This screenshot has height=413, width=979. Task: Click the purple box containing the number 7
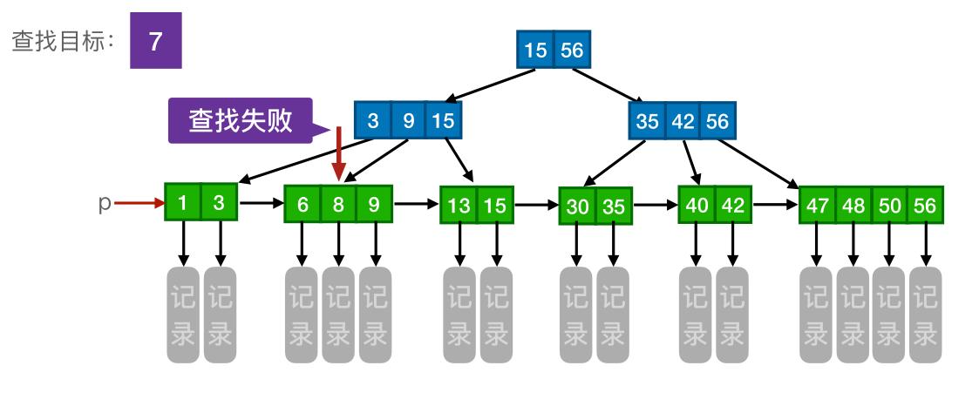[x=156, y=41]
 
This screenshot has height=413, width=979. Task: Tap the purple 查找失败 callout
[x=241, y=120]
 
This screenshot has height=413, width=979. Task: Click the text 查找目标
[x=62, y=42]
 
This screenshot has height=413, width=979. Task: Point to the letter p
[x=105, y=204]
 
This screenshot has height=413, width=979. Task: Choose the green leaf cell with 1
[x=183, y=203]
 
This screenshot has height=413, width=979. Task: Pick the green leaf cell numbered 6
[x=303, y=205]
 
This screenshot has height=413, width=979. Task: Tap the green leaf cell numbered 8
[x=338, y=205]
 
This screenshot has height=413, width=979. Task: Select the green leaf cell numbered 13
[x=459, y=206]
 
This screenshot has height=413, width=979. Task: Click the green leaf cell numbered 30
[x=577, y=207]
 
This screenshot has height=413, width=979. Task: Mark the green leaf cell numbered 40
[x=697, y=206]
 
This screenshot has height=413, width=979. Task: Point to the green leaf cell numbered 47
[x=817, y=206]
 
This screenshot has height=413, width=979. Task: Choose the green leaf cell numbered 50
[x=888, y=206]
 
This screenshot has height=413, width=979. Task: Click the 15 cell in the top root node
[x=535, y=51]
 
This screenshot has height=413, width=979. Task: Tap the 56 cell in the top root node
[x=572, y=51]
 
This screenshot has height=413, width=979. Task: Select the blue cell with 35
[x=647, y=121]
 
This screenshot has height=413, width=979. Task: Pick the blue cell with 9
[x=408, y=120]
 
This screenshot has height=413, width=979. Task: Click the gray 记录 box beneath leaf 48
[x=853, y=315]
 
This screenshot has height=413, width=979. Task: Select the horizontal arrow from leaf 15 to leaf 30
[x=536, y=206]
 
